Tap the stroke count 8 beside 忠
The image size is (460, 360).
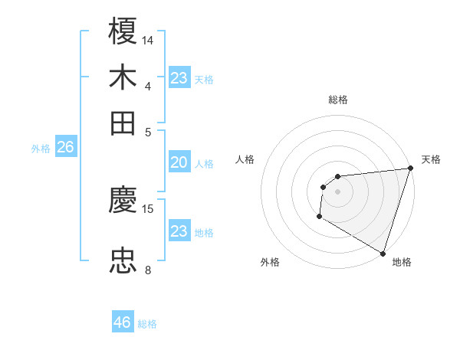(148, 270)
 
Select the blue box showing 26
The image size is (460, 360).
(65, 148)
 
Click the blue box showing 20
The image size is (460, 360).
(179, 162)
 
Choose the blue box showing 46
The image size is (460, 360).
(123, 322)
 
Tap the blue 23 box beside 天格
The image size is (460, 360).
(179, 78)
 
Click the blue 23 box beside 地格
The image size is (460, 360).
(179, 231)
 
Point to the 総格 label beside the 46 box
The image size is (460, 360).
(147, 324)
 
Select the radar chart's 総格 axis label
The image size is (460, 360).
(337, 100)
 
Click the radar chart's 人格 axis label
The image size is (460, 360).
(245, 159)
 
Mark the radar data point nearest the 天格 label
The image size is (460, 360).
(410, 169)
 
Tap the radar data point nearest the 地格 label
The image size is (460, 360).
(383, 254)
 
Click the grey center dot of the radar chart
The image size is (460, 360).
(337, 191)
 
